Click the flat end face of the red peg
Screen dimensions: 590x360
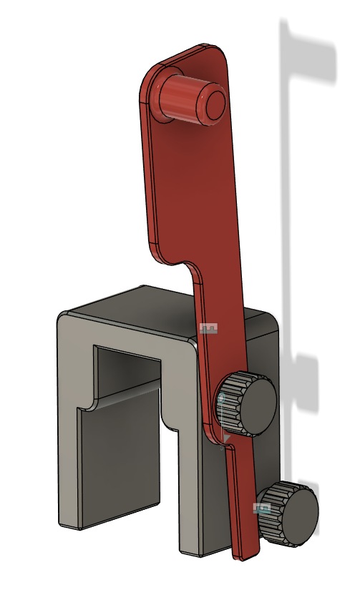click(x=214, y=104)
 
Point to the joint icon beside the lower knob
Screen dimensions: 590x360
click(x=262, y=508)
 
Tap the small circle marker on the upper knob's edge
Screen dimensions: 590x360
click(x=222, y=397)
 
